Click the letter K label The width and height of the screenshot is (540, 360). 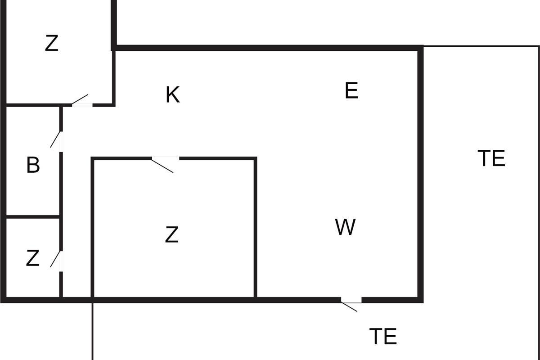point(173,95)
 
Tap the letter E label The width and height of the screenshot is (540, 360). point(351,90)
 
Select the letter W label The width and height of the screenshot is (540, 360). point(345,227)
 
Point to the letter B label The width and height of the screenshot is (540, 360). point(33,165)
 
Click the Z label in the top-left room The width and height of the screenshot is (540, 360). point(52,43)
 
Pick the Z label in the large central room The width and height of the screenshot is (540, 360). point(172,234)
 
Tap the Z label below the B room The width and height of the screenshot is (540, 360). point(32,258)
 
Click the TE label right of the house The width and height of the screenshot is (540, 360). point(491,158)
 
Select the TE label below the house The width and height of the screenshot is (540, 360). point(383,336)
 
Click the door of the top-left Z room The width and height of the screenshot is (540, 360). point(81,103)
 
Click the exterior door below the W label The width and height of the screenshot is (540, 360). point(351,302)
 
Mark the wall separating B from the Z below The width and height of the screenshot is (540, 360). point(32,217)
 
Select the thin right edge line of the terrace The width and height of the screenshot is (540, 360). point(539,180)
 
